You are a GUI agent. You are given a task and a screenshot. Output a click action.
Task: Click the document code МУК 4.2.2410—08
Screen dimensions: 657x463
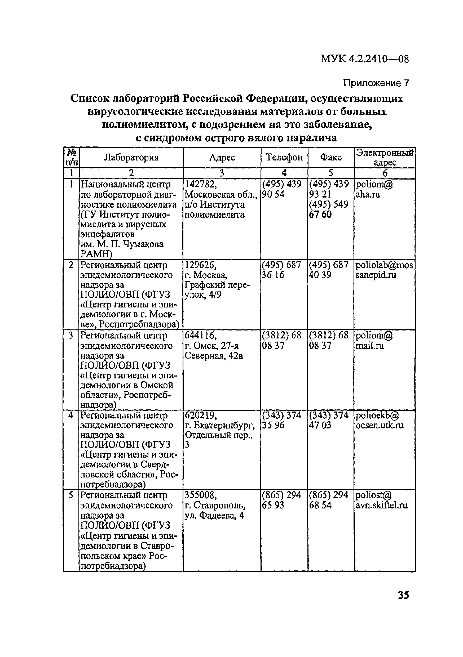pyautogui.click(x=364, y=59)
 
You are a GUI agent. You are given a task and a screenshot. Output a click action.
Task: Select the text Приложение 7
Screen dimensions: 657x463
pyautogui.click(x=376, y=83)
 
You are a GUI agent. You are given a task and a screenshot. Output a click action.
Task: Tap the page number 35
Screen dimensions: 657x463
pyautogui.click(x=403, y=595)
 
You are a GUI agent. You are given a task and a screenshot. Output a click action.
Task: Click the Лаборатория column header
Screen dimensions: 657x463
pyautogui.click(x=131, y=157)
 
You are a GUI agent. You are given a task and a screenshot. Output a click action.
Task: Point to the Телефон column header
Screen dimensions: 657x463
pyautogui.click(x=284, y=157)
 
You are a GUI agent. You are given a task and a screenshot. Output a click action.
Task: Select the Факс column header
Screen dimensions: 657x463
pyautogui.click(x=331, y=157)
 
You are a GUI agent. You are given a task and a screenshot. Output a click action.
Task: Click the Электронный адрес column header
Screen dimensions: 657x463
pyautogui.click(x=385, y=157)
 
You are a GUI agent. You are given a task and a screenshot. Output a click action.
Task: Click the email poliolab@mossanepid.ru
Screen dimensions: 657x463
pyautogui.click(x=384, y=270)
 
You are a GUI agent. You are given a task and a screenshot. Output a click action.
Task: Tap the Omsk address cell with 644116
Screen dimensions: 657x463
pyautogui.click(x=213, y=345)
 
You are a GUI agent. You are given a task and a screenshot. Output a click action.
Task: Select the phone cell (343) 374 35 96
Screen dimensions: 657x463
pyautogui.click(x=282, y=420)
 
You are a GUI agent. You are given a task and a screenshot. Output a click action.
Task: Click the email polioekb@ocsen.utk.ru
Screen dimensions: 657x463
pyautogui.click(x=380, y=420)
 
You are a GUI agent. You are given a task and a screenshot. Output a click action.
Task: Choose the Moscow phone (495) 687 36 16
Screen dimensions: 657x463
pyautogui.click(x=281, y=270)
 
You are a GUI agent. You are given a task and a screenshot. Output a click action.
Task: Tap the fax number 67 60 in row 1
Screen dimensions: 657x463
pyautogui.click(x=320, y=214)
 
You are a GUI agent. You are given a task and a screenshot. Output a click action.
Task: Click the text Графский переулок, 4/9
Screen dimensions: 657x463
pyautogui.click(x=217, y=290)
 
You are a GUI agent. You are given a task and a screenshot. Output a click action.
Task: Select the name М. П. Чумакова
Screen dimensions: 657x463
pyautogui.click(x=122, y=244)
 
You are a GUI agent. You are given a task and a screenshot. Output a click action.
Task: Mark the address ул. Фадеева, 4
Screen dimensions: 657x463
pyautogui.click(x=214, y=516)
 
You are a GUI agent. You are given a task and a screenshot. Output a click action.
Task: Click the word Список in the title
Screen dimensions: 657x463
pyautogui.click(x=89, y=99)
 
